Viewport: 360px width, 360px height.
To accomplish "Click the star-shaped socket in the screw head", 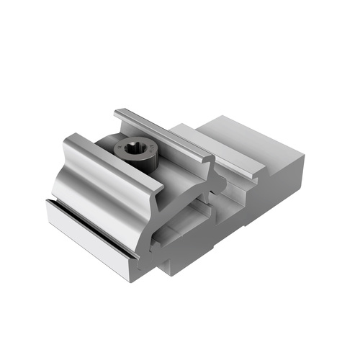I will click(135, 150).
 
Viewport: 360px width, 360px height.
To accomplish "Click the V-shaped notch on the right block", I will click(273, 175).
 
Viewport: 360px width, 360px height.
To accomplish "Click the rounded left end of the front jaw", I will click(66, 155).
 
